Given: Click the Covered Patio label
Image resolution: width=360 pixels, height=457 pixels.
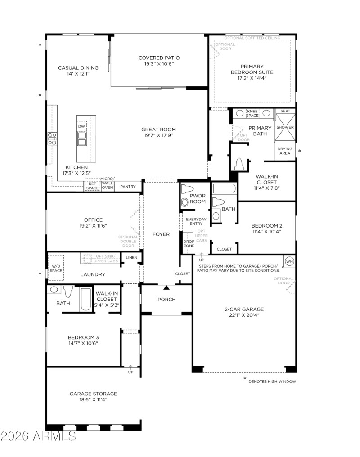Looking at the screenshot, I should tap(159, 58).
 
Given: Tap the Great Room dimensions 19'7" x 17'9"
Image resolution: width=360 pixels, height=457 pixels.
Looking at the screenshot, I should tap(159, 135).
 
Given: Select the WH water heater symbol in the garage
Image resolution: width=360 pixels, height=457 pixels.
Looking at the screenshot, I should tap(288, 261).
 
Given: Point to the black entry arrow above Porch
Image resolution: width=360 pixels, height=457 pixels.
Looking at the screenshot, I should tap(166, 287).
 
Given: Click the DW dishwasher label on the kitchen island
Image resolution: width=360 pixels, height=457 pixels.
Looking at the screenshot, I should tap(81, 127).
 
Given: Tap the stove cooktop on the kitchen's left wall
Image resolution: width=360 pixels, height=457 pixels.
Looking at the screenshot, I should tap(52, 139).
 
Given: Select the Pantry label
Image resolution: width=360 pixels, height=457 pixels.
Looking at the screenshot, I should tap(128, 187).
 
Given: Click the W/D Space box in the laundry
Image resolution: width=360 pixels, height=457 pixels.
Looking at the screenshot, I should tap(56, 268).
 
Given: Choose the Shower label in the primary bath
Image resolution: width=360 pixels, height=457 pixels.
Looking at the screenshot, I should tap(285, 127).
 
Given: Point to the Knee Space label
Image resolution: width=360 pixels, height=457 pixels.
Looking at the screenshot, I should tap(252, 113).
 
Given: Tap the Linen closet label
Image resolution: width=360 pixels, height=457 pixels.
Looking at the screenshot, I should tap(131, 257).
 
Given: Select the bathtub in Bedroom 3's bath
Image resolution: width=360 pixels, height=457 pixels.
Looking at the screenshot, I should tap(85, 299).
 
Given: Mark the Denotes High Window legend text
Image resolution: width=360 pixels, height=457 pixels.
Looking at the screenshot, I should tap(272, 381).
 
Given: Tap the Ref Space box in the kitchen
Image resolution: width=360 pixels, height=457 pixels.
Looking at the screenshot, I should tap(92, 186).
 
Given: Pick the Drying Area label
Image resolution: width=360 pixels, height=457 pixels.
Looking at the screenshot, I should tap(284, 151).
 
